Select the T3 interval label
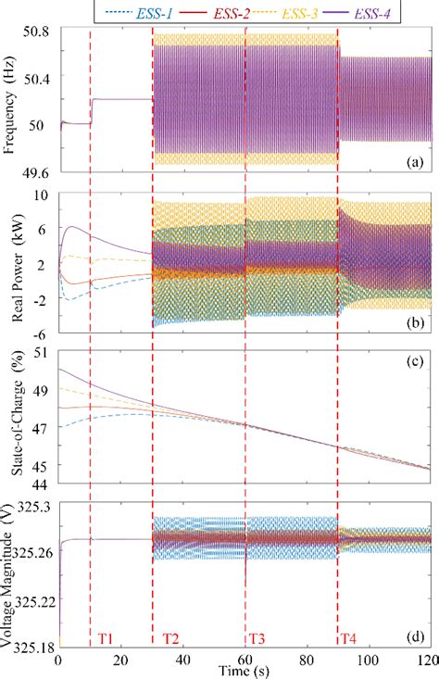pos(256,638)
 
